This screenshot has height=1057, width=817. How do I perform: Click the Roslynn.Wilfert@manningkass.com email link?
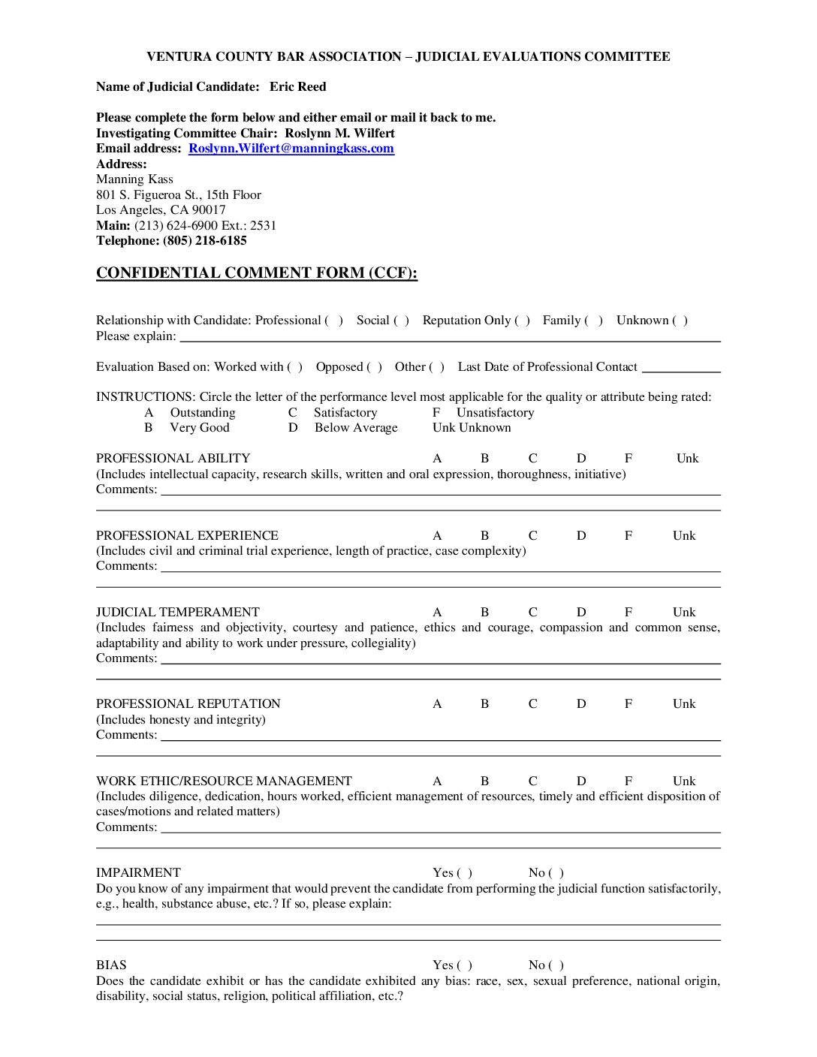(x=291, y=149)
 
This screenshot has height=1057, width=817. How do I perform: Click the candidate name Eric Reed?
(x=297, y=87)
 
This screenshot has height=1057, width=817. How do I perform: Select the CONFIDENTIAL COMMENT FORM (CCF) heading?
(x=256, y=273)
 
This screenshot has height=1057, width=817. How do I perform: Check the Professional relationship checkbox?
(x=334, y=321)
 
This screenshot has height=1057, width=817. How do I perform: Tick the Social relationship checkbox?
(x=401, y=321)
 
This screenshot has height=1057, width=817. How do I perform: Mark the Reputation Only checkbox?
(x=522, y=321)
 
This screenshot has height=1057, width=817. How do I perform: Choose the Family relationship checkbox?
(x=594, y=321)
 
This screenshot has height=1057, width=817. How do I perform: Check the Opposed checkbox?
(x=374, y=367)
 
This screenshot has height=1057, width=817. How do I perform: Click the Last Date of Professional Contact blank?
(x=681, y=368)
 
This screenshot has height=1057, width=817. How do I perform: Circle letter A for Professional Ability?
(x=437, y=459)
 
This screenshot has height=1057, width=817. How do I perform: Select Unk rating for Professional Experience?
(x=684, y=536)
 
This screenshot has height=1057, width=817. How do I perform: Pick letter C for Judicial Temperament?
(x=532, y=613)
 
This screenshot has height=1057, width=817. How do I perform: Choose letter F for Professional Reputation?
(x=628, y=704)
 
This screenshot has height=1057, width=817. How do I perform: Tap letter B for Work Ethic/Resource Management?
(x=484, y=781)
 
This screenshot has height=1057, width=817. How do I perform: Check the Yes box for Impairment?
(x=464, y=873)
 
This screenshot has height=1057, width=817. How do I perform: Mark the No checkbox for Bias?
(x=556, y=965)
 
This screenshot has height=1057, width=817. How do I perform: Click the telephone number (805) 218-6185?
(x=204, y=241)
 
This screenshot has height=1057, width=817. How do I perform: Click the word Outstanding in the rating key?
(x=203, y=413)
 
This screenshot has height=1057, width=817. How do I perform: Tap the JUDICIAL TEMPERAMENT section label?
(x=178, y=613)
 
